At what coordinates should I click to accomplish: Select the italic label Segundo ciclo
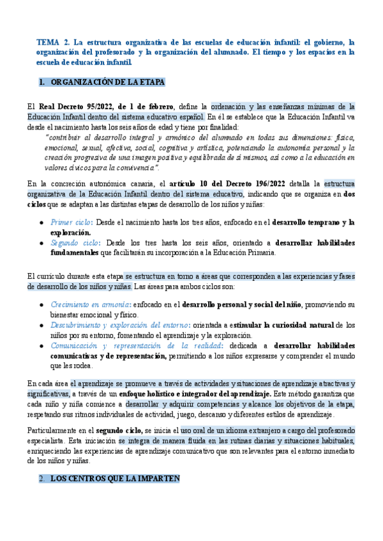click(73, 243)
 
